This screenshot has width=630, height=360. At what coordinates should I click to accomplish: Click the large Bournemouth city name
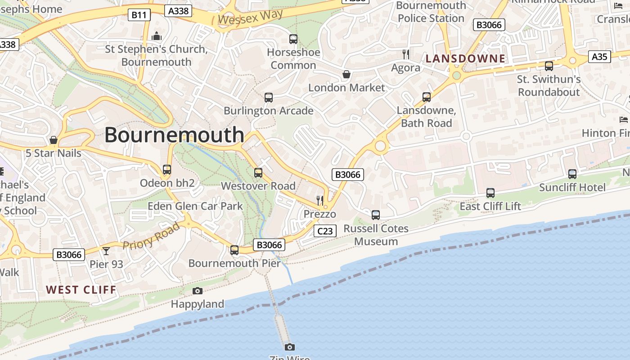tap(174, 135)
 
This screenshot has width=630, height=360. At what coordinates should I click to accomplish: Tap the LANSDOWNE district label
tap(465, 58)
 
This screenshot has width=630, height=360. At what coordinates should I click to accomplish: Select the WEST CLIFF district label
tap(81, 290)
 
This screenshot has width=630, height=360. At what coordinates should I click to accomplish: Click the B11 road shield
tap(139, 15)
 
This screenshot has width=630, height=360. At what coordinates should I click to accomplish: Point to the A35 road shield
tap(599, 57)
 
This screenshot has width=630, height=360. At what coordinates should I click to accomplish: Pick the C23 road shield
tap(325, 231)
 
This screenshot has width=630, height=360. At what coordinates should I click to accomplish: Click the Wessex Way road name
tap(251, 17)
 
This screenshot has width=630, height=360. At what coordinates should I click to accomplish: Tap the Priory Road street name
tap(151, 236)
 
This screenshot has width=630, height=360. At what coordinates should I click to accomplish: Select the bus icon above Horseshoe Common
tap(293, 39)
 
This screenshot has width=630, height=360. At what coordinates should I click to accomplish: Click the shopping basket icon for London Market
tap(346, 74)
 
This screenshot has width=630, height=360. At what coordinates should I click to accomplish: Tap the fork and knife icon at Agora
tap(406, 54)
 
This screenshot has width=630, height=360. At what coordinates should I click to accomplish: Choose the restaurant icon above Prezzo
tap(319, 200)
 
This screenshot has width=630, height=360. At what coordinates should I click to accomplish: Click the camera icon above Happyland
tap(197, 291)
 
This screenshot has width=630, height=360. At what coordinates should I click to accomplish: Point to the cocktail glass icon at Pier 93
tap(106, 251)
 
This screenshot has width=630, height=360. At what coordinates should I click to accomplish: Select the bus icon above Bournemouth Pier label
tap(234, 250)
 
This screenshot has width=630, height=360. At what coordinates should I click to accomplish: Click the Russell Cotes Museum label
tap(376, 235)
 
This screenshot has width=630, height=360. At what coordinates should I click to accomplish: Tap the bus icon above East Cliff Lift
tap(490, 193)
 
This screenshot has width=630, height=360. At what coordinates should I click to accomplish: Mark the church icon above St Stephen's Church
tap(157, 36)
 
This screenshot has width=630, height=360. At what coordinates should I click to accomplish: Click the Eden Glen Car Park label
tap(195, 207)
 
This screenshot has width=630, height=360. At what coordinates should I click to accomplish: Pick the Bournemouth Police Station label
tap(431, 12)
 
